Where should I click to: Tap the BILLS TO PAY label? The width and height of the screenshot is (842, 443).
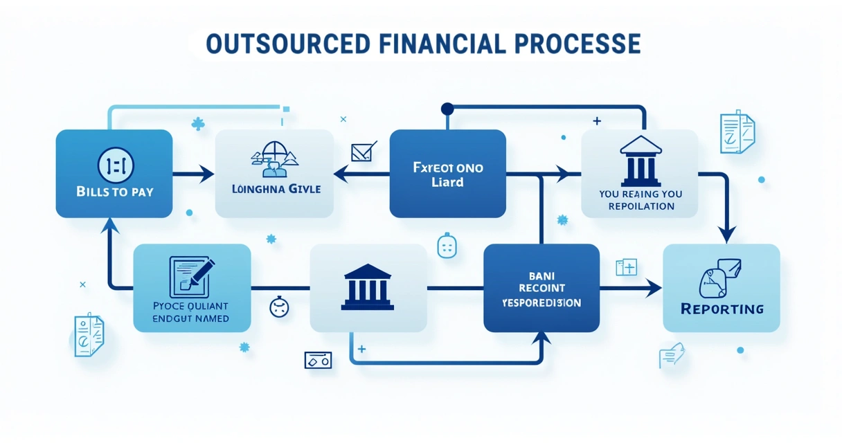coord(114,192)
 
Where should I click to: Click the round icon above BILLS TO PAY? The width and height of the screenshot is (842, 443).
coord(115,165)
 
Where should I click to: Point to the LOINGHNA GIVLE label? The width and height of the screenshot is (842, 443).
coord(275,188)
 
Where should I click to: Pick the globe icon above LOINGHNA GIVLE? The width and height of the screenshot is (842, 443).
coord(274,159)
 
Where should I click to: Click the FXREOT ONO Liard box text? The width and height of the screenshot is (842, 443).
coord(447,175)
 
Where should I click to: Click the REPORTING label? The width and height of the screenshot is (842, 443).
coord(722,309)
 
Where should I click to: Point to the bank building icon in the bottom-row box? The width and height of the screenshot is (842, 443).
coord(368,287)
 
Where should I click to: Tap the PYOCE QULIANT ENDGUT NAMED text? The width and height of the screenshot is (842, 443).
coord(192,312)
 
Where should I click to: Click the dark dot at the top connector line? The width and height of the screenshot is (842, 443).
coord(447,109)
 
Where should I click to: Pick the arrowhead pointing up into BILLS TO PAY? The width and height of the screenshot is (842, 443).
coord(110,225)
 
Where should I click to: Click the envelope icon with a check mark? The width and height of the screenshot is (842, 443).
coord(364,151)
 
